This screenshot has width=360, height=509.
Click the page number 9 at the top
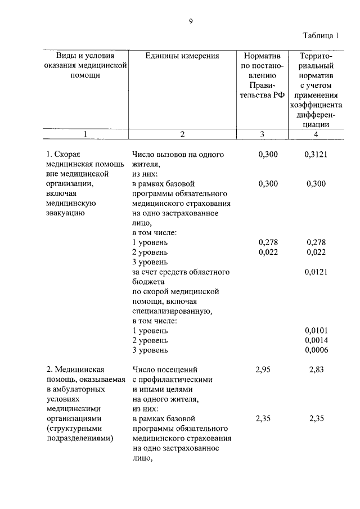[191, 21]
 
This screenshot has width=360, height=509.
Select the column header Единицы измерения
[182, 56]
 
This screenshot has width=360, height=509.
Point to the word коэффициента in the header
[316, 105]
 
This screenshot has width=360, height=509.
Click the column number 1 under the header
[85, 134]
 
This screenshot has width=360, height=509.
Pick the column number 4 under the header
[316, 134]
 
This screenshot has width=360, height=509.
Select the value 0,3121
[316, 154]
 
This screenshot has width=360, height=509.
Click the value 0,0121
[316, 272]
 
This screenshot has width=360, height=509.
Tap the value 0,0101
[316, 331]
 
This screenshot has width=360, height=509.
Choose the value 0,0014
[316, 341]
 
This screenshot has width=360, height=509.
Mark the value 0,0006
[316, 350]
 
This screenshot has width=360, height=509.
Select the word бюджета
[147, 282]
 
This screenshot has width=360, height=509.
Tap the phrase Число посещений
[165, 370]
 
